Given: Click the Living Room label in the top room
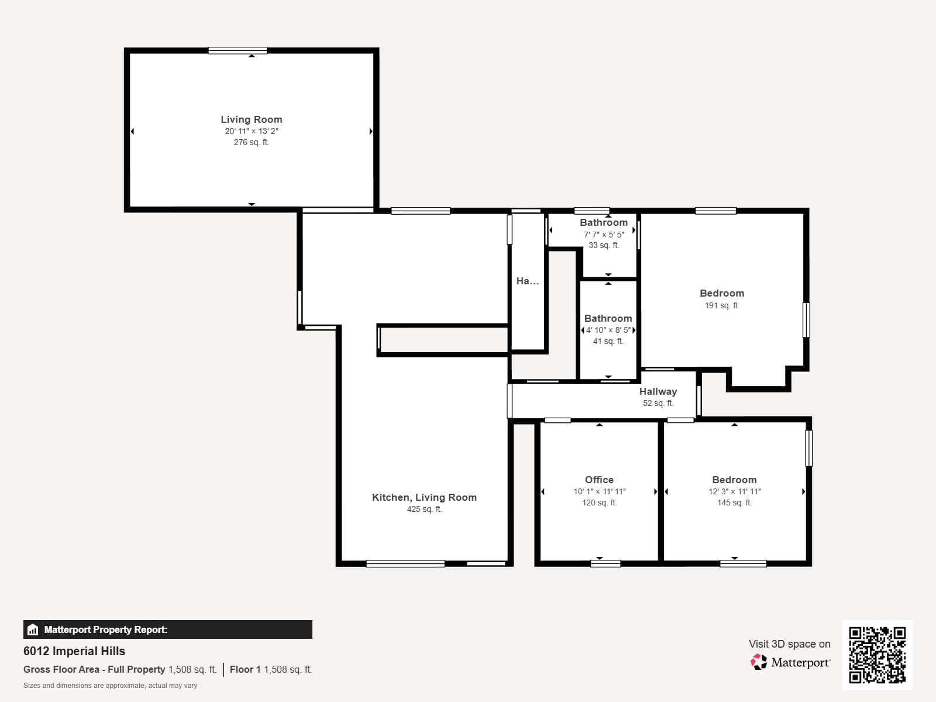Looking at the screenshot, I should (251, 119).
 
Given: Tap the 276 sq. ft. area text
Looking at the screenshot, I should (251, 142).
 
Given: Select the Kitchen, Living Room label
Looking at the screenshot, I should (424, 497).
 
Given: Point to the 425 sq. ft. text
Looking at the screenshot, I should (424, 509).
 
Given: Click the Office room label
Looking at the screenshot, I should (599, 480).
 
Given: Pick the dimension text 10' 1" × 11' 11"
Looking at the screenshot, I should (599, 491).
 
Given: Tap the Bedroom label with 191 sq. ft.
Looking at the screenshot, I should (722, 293).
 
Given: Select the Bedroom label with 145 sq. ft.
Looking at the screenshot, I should (734, 480).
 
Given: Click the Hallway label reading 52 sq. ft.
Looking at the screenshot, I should (658, 391).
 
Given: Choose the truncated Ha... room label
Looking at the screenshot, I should (527, 281).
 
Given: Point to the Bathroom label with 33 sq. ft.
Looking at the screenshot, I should (603, 222).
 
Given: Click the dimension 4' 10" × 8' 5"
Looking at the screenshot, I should (608, 330).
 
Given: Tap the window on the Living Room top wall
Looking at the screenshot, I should (238, 50).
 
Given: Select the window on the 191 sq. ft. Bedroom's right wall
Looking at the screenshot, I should (806, 319).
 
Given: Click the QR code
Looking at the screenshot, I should (877, 655).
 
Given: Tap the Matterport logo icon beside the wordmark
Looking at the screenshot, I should (759, 662).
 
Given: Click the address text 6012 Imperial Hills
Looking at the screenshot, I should (74, 651).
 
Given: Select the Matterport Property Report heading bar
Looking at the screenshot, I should (167, 629).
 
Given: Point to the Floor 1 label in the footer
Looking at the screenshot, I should (245, 669).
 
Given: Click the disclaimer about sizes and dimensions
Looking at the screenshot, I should (110, 686).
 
